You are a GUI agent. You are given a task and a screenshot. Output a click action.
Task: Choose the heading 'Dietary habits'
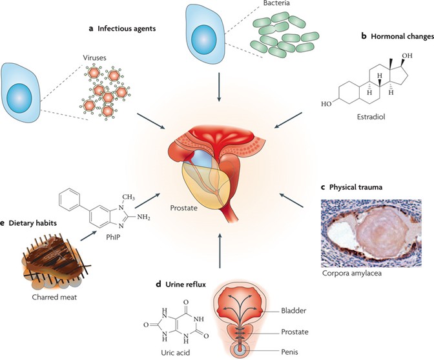tap(32, 223)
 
